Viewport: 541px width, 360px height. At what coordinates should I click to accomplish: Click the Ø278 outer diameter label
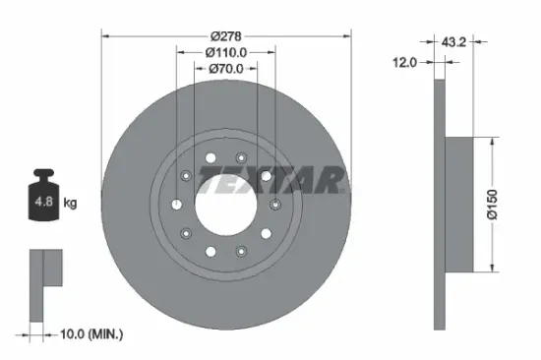coord(226,33)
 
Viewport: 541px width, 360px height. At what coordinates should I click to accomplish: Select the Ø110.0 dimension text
coord(226,51)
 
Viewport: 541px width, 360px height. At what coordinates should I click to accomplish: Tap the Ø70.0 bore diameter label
coord(226,69)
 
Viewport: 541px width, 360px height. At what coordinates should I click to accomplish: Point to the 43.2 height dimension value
coord(453,42)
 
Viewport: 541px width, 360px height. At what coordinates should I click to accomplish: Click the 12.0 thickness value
coord(405,61)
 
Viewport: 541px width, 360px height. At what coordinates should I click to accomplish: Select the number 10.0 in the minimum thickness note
coord(70,335)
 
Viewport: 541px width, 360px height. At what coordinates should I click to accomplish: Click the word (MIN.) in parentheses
coord(105,335)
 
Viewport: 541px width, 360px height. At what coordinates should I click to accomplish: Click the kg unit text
coord(70,204)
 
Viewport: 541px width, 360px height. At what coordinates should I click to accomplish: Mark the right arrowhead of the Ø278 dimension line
coord(349,35)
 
